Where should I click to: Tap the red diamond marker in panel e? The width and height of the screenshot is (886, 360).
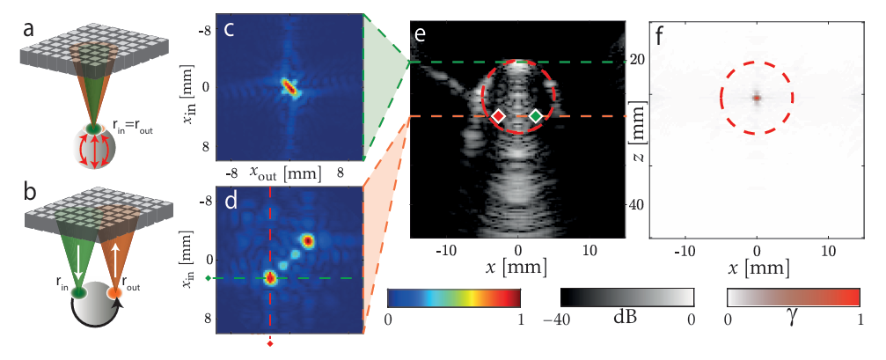point(498,116)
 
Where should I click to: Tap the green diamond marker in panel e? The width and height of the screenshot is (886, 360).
point(536,116)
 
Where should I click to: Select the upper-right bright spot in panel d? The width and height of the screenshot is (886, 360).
point(308,240)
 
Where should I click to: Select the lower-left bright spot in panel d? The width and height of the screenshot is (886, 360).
point(270,278)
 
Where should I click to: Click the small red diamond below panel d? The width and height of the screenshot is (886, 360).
point(270,344)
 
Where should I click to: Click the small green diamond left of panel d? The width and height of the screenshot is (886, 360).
point(208,279)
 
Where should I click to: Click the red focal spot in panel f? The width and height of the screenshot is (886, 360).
point(757,98)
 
